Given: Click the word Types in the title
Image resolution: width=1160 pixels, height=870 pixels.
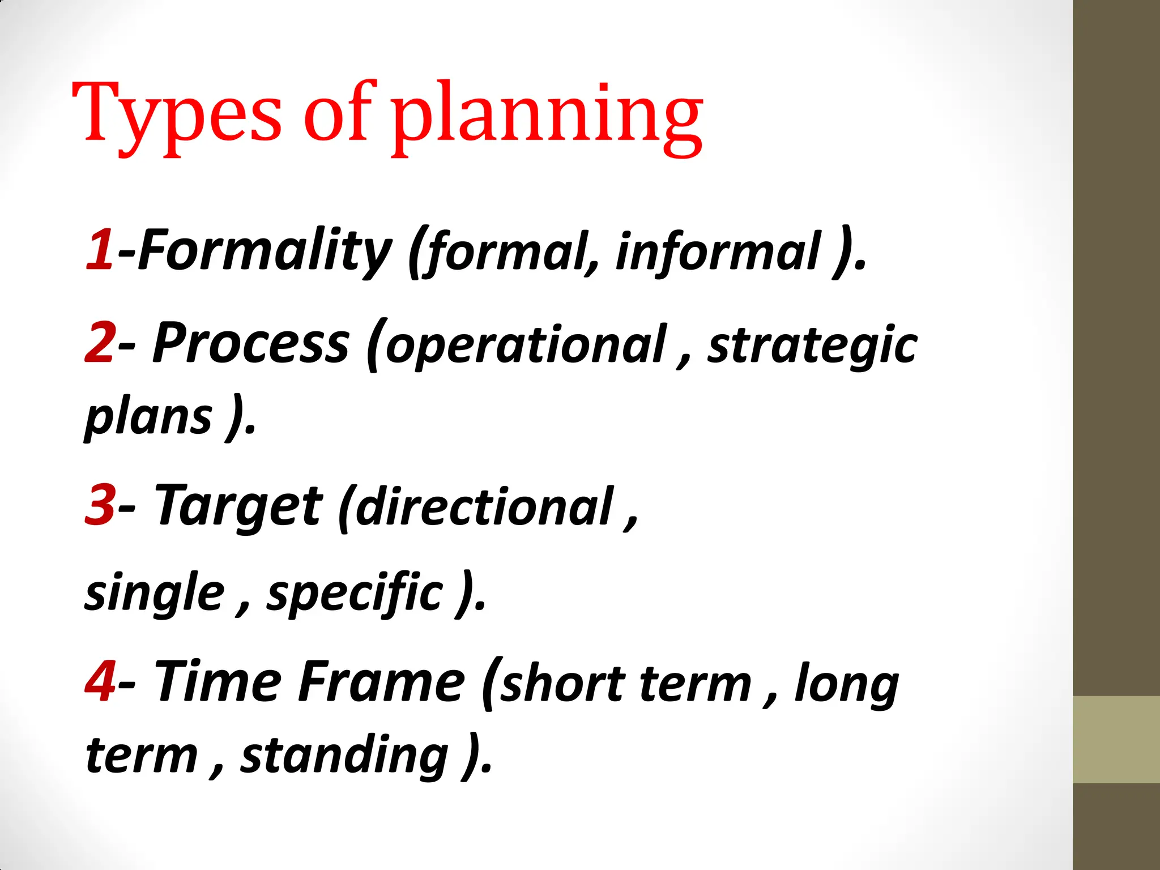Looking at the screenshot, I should coord(177,113).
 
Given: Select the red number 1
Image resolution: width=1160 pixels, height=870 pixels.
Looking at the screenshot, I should coord(100,249).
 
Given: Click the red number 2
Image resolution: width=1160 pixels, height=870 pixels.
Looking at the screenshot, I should coord(100,342).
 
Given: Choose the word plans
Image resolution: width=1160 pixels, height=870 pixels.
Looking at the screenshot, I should coord(149,418).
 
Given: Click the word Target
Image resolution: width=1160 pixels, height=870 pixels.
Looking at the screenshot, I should coord(238,506).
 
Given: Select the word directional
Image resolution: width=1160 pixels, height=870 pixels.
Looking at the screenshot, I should coord(485,507).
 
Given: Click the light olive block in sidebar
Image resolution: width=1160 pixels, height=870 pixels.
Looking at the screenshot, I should coord(1116,739).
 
